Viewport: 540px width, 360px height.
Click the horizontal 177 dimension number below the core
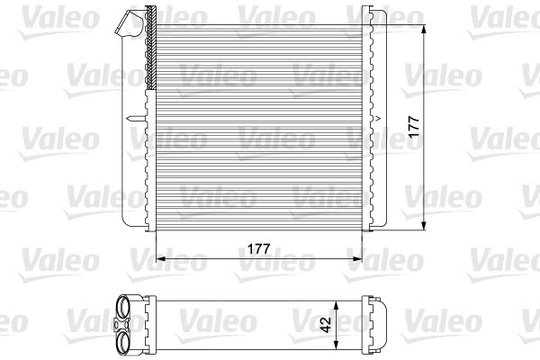pyautogui.click(x=258, y=248)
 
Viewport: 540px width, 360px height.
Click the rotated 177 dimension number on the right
pyautogui.click(x=414, y=127)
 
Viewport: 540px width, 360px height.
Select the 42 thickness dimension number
pyautogui.click(x=326, y=324)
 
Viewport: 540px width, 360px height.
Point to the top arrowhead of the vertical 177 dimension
pyautogui.click(x=424, y=29)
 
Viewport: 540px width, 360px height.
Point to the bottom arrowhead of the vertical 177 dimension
pyautogui.click(x=424, y=226)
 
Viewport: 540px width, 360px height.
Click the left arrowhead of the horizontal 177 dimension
pyautogui.click(x=161, y=258)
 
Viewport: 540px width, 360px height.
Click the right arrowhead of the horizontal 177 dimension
pyautogui.click(x=358, y=258)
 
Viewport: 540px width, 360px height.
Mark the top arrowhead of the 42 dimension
pyautogui.click(x=337, y=304)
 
